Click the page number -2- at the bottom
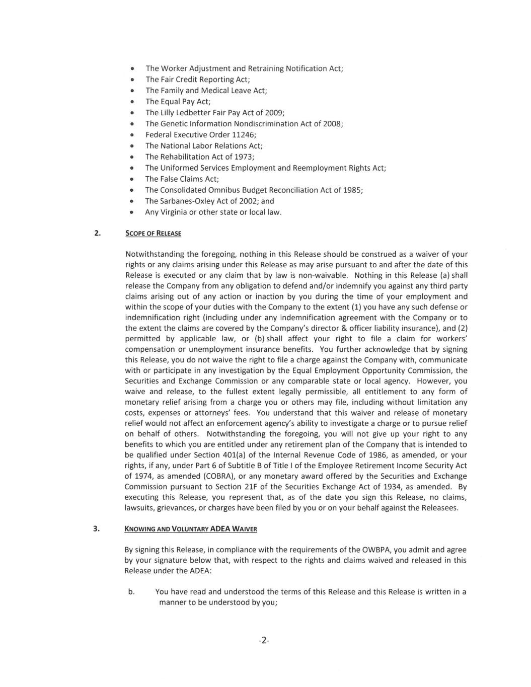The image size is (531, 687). [264, 641]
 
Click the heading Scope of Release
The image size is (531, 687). [153, 233]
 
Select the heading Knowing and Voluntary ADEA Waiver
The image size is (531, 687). [190, 528]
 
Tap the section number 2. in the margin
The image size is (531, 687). [97, 233]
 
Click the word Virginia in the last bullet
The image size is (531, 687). [173, 212]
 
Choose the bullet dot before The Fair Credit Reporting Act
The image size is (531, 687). [131, 80]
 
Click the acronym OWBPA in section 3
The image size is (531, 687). [375, 550]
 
